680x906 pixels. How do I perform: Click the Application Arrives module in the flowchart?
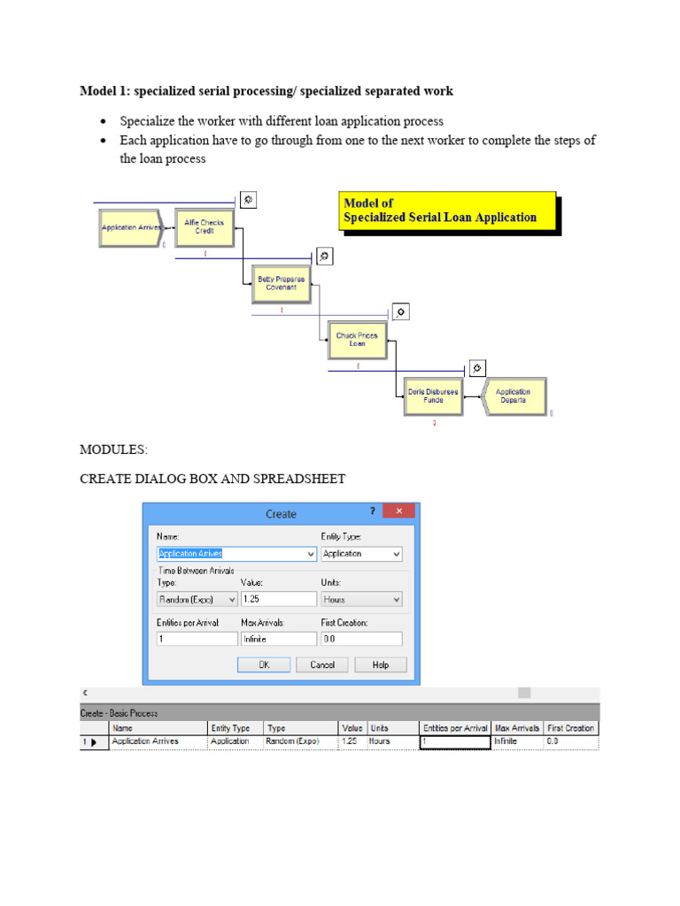[129, 227]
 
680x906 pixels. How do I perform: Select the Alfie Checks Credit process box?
[205, 227]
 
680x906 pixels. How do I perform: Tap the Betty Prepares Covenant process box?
[281, 283]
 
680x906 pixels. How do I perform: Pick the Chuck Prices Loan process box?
[357, 340]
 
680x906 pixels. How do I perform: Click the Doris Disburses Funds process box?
[433, 395]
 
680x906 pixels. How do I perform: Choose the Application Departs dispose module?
[514, 395]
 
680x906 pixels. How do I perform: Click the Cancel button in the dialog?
[321, 665]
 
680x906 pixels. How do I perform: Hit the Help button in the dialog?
[380, 665]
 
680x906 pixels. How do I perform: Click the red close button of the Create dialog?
[399, 512]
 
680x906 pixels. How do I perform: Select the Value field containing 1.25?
[278, 599]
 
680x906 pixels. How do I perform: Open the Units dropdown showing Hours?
[360, 599]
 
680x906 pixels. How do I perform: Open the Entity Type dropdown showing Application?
[360, 554]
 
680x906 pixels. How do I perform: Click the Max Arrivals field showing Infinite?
[278, 638]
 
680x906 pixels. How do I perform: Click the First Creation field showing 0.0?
[360, 638]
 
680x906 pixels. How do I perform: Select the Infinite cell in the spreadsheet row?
[516, 741]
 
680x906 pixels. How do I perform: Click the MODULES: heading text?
[113, 449]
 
